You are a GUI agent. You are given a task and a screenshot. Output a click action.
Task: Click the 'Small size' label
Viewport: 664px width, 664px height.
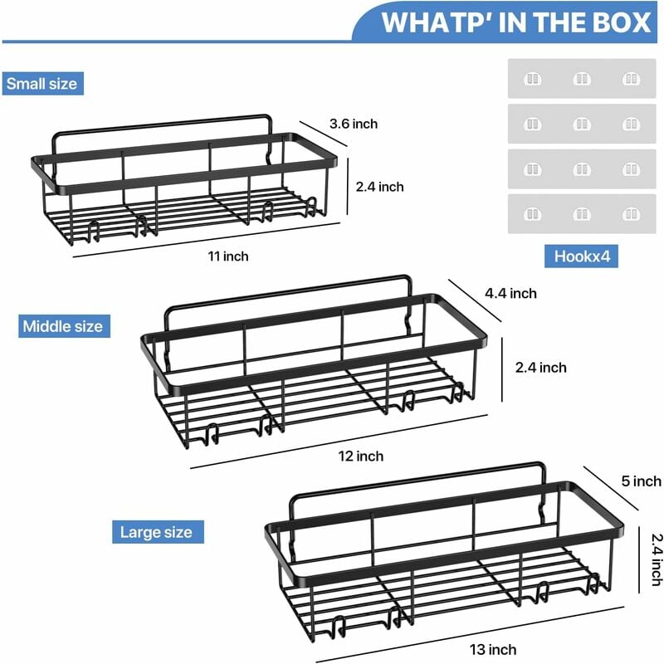[x=41, y=83]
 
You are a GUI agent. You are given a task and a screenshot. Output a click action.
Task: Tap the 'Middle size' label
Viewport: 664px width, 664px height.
[x=64, y=326]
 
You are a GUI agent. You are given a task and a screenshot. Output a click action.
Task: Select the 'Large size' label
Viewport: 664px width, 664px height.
[x=156, y=532]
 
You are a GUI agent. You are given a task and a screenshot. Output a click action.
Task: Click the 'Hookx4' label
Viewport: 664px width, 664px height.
[x=582, y=256]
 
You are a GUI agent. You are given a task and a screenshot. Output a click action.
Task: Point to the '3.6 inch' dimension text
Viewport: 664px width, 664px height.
[x=354, y=124]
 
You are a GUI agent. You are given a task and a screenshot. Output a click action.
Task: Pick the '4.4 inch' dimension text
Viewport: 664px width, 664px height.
[x=512, y=293]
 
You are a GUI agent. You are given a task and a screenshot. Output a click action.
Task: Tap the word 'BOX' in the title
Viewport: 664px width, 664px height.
[x=622, y=22]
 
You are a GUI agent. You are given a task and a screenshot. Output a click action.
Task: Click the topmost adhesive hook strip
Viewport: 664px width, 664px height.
[x=582, y=80]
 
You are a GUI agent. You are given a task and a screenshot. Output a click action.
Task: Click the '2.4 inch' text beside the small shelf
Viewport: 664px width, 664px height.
[x=379, y=187]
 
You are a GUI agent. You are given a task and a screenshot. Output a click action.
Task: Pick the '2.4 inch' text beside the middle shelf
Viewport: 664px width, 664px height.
[x=541, y=367]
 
